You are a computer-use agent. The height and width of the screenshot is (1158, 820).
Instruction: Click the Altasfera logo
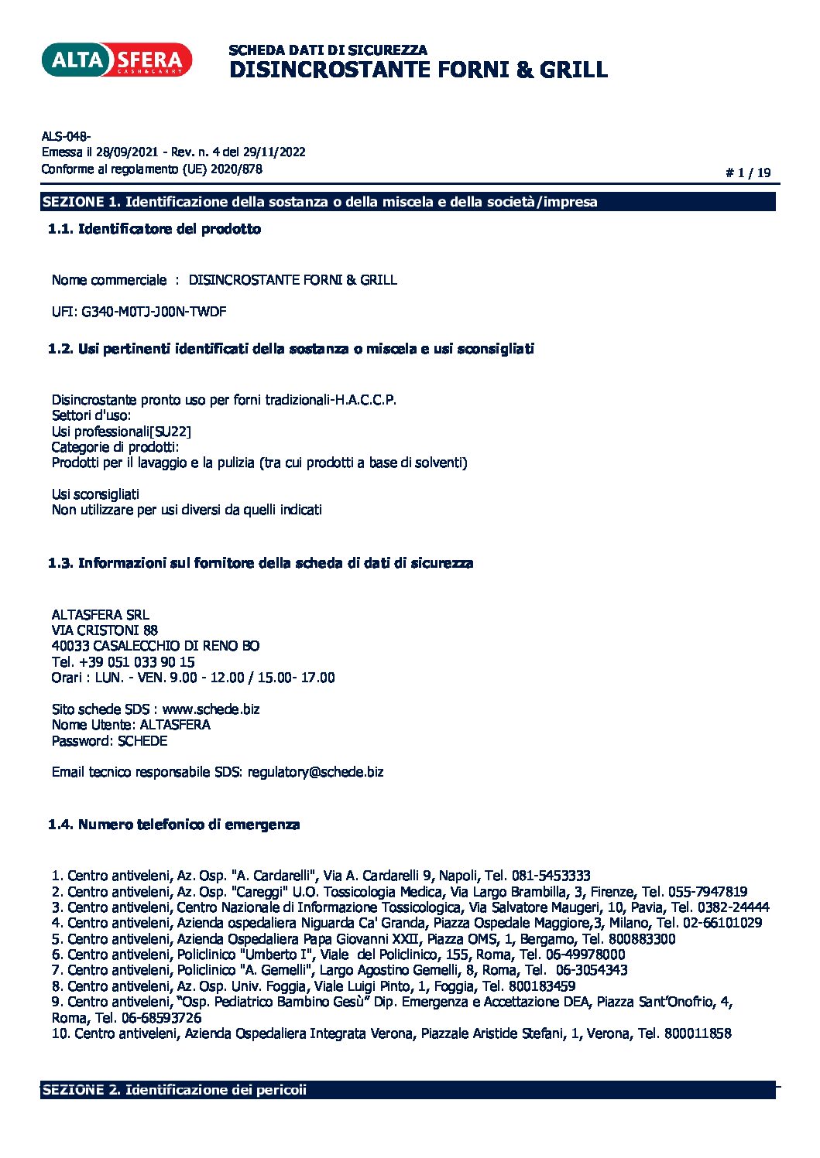(116, 60)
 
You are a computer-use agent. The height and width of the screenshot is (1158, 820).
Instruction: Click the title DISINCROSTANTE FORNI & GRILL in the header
(418, 70)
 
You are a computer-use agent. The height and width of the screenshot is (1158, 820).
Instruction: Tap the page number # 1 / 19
(748, 173)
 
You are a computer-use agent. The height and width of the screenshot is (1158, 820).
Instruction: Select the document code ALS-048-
(66, 137)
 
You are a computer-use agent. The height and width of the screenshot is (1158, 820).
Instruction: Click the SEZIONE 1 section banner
(408, 202)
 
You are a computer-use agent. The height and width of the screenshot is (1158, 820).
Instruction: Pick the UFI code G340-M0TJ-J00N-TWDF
(154, 312)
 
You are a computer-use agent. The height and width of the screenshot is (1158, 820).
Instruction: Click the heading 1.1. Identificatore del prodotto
(154, 229)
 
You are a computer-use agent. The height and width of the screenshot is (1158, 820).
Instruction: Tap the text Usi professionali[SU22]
(121, 432)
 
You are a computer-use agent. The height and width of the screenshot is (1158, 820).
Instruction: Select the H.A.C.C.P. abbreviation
(365, 400)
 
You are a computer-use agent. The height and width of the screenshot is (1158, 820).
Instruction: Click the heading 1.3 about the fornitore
(260, 563)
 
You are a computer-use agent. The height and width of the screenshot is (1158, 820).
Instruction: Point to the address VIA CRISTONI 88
(105, 630)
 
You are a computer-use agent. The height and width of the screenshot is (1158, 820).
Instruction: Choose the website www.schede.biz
(211, 709)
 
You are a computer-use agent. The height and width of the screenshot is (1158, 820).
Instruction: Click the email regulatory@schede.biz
(315, 772)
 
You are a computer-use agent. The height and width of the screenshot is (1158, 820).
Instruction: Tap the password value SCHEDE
(142, 741)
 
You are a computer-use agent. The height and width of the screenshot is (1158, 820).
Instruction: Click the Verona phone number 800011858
(697, 1033)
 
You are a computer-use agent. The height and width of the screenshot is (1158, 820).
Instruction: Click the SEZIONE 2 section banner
(408, 1090)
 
